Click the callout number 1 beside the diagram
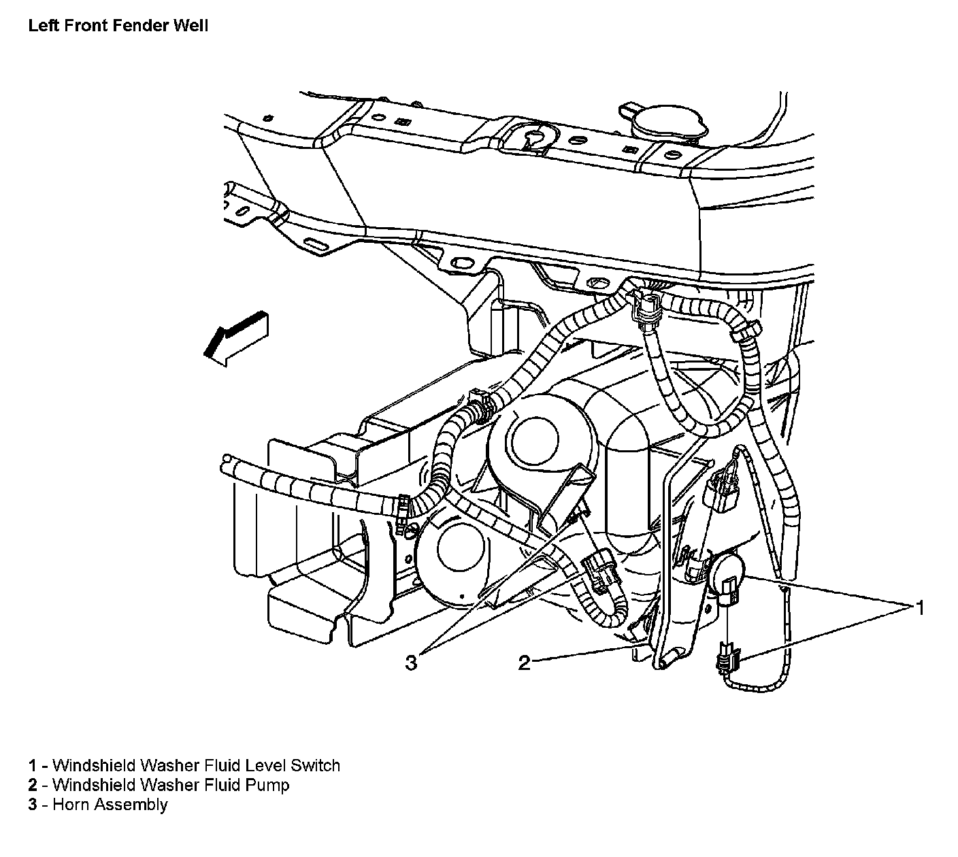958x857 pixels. (x=919, y=607)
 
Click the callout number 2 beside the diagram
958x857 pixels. (x=524, y=662)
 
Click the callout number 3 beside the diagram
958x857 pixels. (x=411, y=662)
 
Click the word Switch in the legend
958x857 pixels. (x=315, y=765)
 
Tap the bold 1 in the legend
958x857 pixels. (x=32, y=765)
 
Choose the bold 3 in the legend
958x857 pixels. (x=32, y=805)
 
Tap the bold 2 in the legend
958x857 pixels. (x=32, y=785)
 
